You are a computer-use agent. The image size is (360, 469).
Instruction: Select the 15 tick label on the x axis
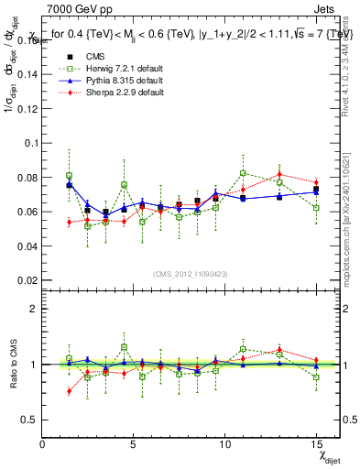[316, 444]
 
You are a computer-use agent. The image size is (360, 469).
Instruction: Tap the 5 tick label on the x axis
[134, 444]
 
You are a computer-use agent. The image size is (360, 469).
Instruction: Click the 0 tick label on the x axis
[43, 444]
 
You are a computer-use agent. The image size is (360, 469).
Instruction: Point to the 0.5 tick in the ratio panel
[29, 420]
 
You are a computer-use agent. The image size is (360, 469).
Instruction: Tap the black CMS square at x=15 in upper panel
[316, 190]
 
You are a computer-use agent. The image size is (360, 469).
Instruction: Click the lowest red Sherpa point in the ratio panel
[70, 391]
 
